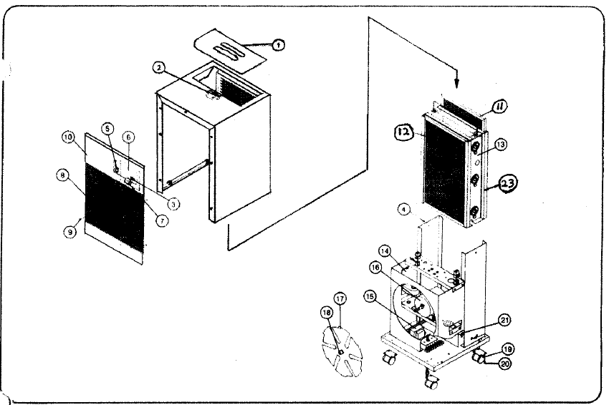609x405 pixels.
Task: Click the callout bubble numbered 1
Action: pos(278,44)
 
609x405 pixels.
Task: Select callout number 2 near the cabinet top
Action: pos(159,68)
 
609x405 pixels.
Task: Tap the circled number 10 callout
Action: pos(68,137)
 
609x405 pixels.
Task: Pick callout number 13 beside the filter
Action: pos(500,145)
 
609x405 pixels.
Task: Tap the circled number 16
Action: pos(375,266)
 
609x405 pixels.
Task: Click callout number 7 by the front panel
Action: pos(162,221)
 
